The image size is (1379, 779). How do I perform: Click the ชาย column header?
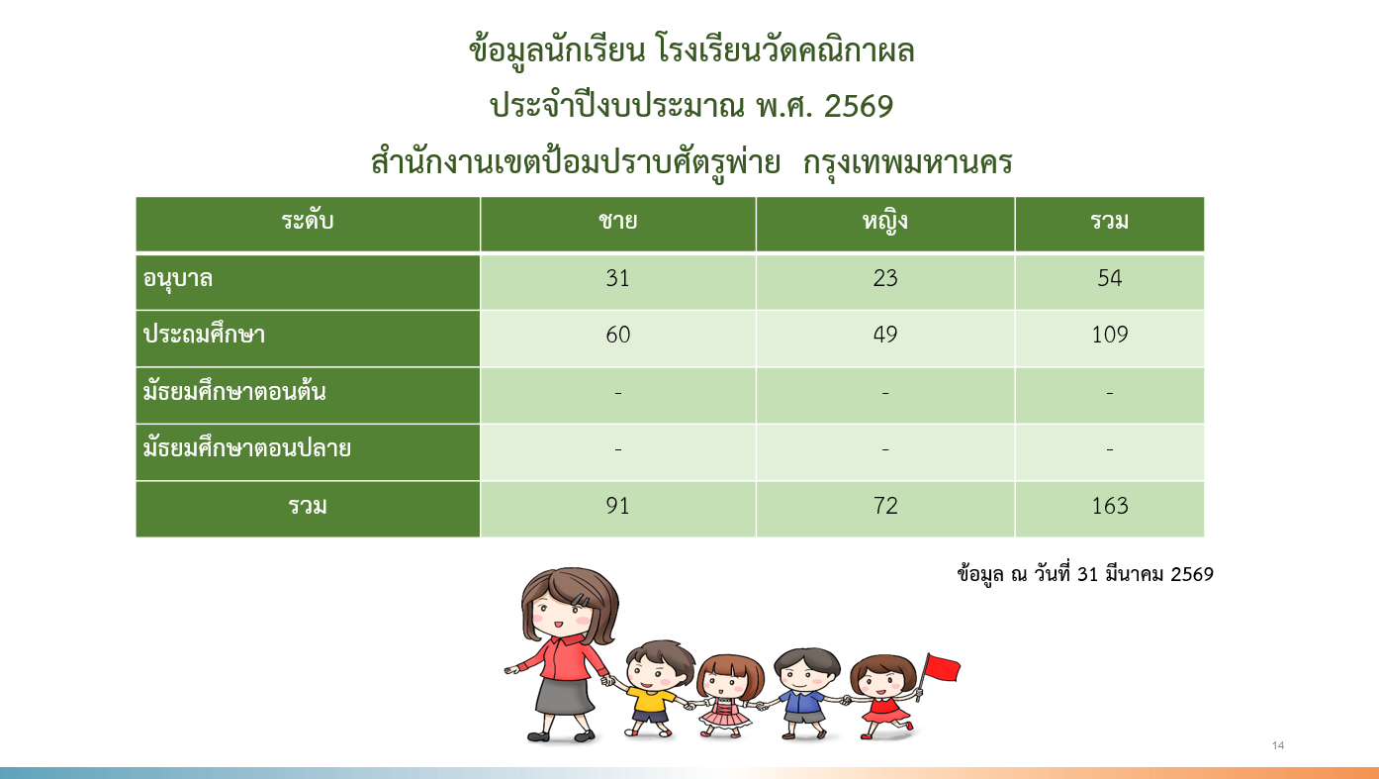617,221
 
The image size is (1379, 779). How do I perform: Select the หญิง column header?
884,222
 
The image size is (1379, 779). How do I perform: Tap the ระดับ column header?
308,220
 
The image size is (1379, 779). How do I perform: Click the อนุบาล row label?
178,279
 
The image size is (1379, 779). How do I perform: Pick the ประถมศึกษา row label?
204,334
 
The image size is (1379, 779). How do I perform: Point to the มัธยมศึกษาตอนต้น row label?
233,390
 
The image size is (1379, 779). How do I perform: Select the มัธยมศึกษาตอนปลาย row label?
247,447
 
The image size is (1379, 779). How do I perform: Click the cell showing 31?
617,278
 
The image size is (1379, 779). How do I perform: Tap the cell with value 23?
885,278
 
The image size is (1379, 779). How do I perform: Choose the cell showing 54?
1109,278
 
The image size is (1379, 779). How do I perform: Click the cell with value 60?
617,335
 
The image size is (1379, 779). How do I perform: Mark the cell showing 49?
885,335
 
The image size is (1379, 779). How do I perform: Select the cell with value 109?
1109,335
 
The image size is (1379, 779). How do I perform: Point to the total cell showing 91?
617,506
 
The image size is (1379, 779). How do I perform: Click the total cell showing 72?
885,506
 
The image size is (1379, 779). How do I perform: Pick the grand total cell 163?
1109,506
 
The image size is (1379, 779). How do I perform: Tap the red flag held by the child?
942,668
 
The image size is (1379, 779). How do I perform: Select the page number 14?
1278,745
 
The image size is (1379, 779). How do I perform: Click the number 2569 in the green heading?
859,107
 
